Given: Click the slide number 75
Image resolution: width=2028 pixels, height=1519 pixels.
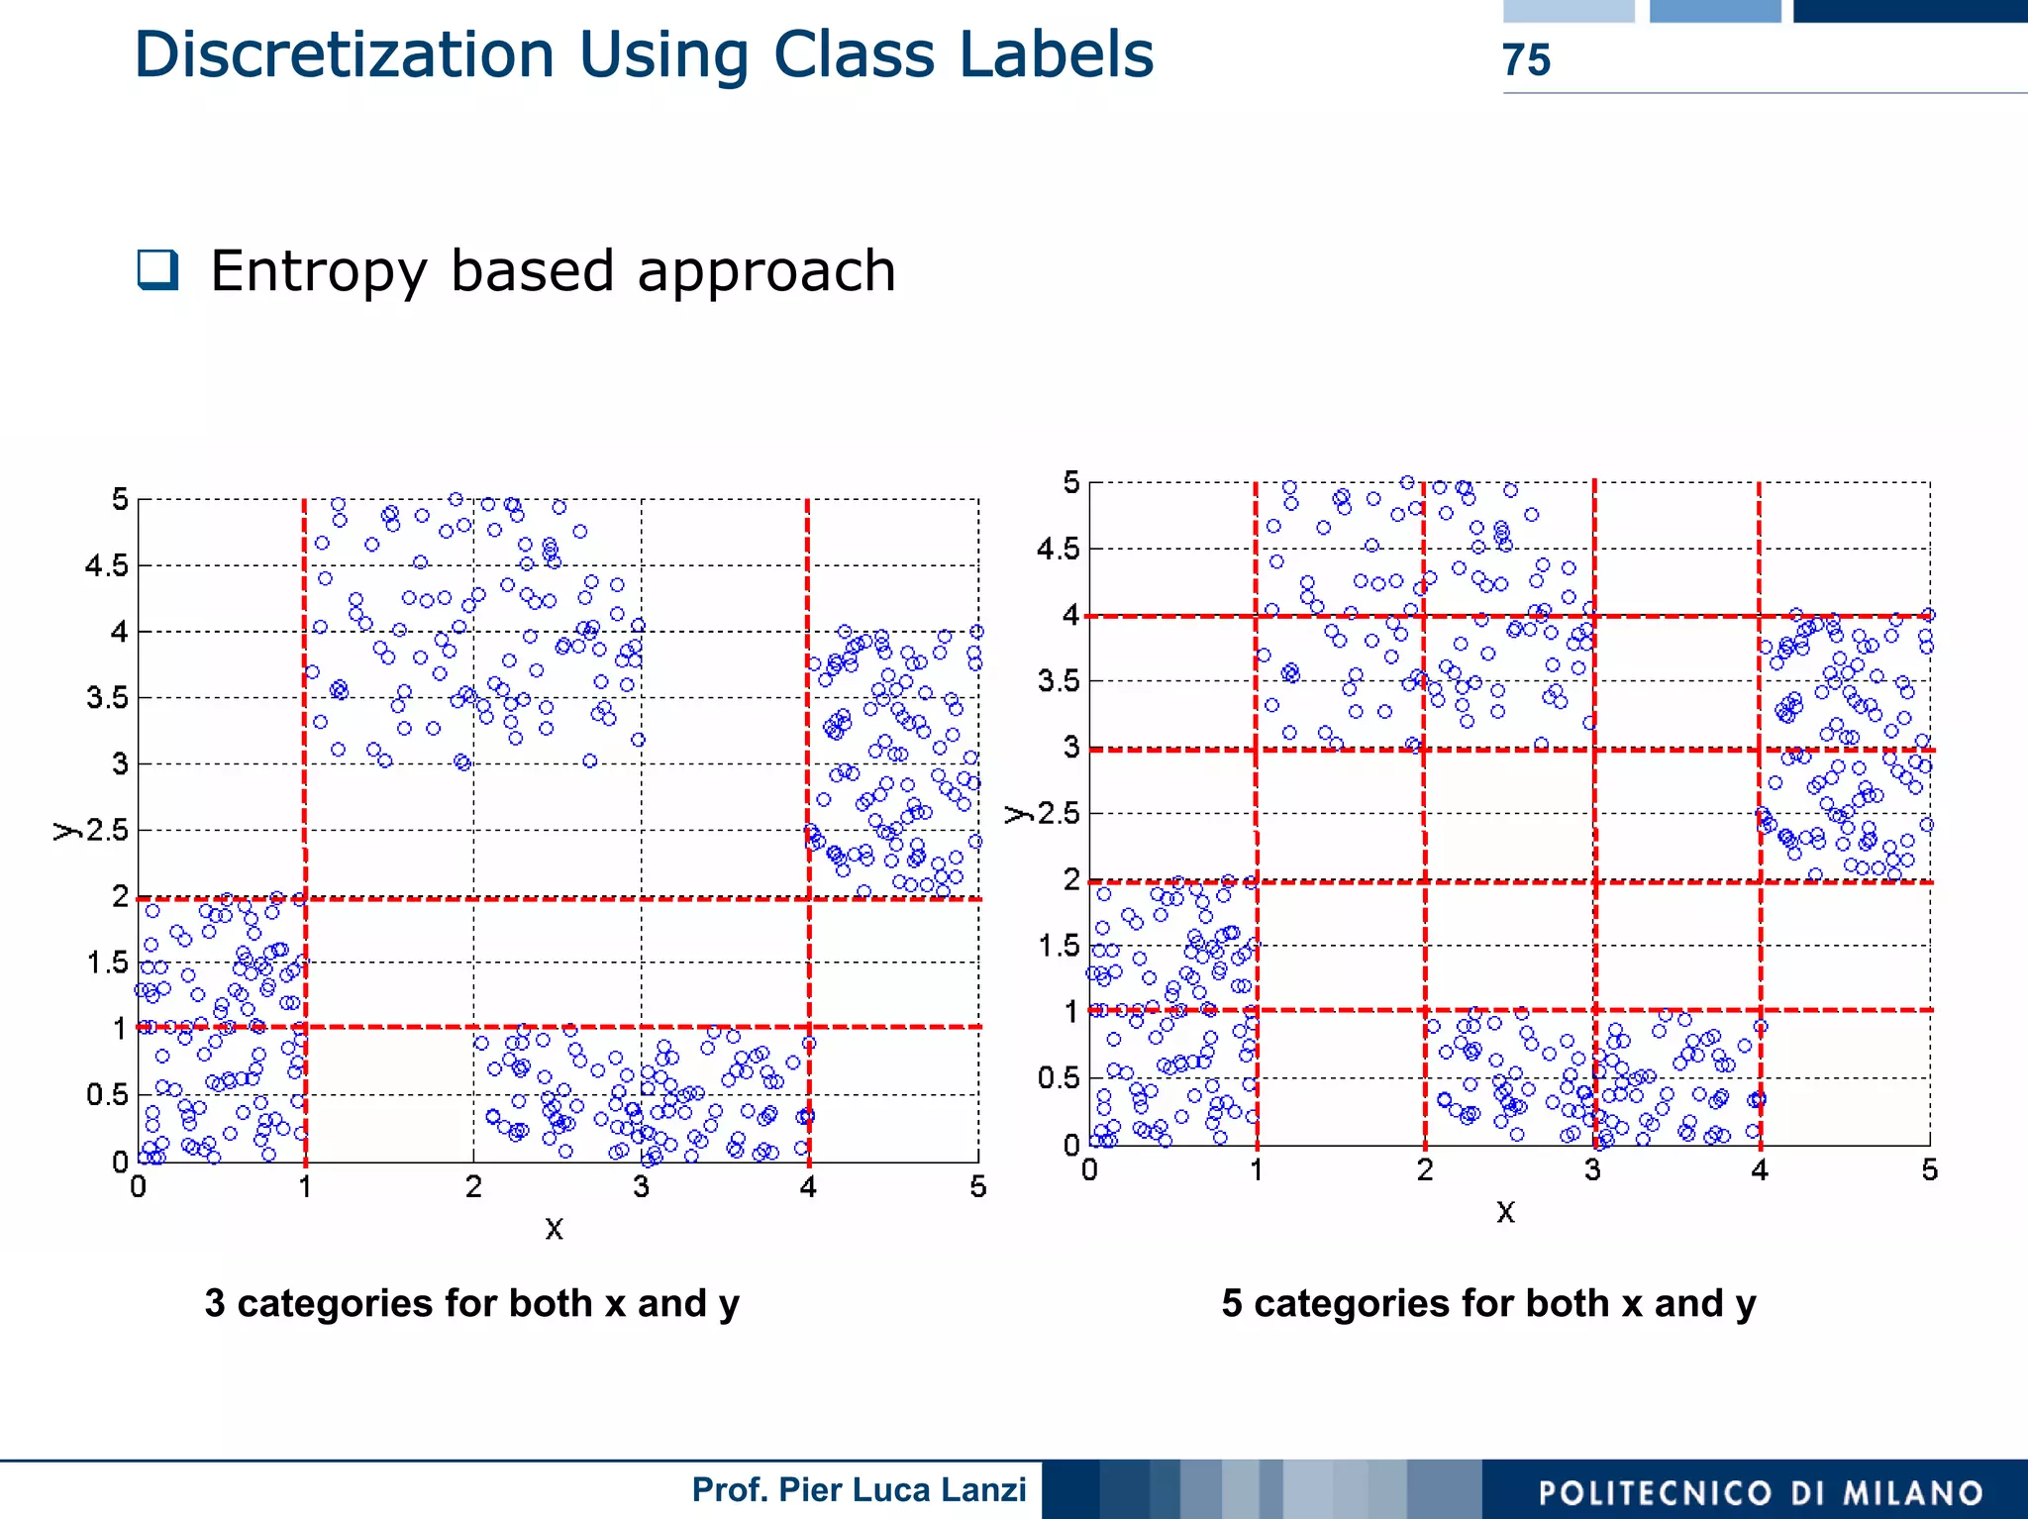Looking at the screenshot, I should (1526, 60).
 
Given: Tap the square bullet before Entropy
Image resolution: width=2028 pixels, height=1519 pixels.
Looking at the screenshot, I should (158, 269).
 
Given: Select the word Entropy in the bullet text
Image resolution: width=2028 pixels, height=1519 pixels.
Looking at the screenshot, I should (318, 271).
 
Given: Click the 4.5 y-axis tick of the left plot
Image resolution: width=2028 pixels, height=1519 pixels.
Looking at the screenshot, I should (107, 565).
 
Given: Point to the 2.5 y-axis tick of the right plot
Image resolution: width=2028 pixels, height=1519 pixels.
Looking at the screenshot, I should (1059, 814).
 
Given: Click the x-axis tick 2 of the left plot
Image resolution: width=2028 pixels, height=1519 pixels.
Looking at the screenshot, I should (473, 1186).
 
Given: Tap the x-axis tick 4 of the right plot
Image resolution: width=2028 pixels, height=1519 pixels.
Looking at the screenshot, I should (1760, 1170).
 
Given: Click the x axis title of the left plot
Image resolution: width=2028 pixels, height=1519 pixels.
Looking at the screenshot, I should (555, 1229).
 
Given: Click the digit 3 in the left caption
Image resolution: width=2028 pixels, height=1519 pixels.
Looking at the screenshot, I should (215, 1303).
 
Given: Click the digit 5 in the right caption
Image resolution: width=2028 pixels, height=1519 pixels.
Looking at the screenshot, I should (1232, 1303).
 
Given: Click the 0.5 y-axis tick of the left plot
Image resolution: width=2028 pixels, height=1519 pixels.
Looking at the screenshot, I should (107, 1094).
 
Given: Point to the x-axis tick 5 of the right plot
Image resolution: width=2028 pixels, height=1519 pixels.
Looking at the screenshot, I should (1929, 1170).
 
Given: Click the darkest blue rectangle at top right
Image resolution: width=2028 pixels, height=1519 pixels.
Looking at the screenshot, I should (1909, 11).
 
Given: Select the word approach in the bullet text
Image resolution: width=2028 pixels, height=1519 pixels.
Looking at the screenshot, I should (766, 271).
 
